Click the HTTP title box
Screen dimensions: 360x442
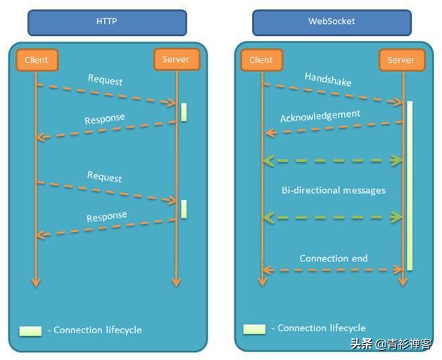107,22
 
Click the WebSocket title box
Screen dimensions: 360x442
331,22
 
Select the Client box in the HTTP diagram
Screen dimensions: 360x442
36,60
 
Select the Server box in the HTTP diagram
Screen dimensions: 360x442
176,59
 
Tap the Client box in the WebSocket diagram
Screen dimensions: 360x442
261,60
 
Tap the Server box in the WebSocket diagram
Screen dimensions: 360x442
401,60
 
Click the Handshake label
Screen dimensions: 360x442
328,79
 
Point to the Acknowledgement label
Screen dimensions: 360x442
320,116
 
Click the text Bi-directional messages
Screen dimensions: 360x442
334,190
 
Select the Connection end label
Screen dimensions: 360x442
334,259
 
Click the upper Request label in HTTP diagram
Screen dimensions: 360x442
105,79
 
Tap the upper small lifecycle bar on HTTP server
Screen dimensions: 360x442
184,112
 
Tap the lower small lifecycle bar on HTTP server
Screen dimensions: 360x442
184,209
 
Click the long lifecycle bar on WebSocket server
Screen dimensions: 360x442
409,185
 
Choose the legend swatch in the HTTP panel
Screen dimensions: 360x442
30,330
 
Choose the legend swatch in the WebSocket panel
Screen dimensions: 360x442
255,328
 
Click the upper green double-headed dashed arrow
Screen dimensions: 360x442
332,161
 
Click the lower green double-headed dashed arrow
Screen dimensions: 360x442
332,218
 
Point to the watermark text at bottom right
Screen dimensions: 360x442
391,345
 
